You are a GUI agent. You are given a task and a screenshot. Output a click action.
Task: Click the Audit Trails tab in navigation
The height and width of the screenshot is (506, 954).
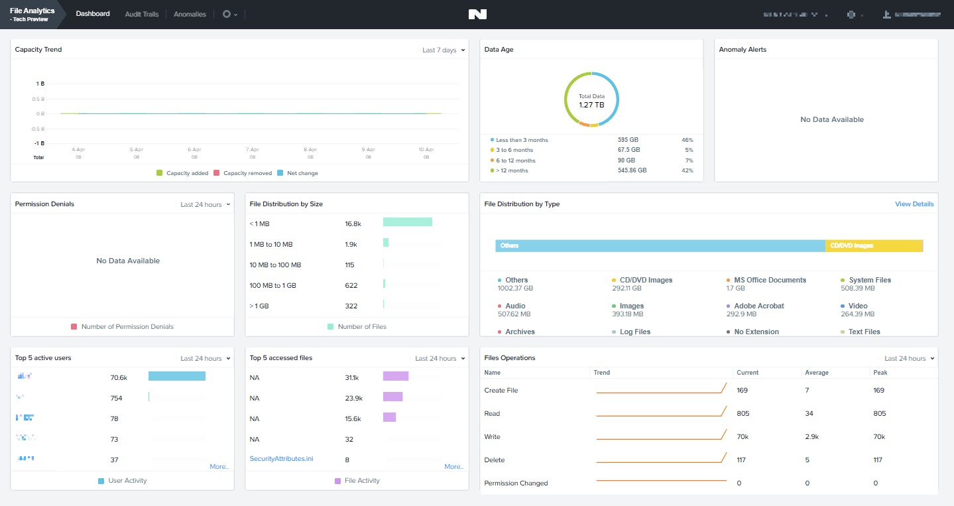coord(142,14)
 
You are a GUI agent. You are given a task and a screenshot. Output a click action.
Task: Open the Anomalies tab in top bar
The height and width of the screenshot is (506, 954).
coord(190,14)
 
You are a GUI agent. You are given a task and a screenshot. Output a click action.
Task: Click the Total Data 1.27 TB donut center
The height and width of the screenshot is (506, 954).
coord(591,100)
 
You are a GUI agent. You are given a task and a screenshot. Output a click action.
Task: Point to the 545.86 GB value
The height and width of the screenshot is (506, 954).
coord(632,170)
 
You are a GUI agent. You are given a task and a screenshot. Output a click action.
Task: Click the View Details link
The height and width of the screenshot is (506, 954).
coord(914,204)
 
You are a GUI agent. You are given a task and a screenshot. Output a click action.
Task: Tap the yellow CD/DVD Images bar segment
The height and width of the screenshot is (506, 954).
coord(874,245)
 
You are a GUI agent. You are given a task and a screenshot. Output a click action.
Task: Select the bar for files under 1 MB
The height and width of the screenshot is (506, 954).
coord(407,222)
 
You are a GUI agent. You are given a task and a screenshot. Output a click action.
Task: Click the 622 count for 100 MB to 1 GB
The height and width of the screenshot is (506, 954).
coord(351,286)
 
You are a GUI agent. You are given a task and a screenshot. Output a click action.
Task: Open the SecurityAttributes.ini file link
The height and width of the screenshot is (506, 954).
coord(281,459)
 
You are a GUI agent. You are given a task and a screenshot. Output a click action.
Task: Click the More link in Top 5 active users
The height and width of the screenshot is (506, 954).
coord(219,467)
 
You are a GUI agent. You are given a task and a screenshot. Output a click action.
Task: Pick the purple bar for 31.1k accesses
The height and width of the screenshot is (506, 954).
coord(396,376)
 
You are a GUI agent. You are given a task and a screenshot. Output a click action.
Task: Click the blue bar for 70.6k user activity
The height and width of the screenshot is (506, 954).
coord(176,376)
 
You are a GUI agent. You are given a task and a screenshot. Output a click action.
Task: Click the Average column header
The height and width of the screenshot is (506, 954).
coord(817,373)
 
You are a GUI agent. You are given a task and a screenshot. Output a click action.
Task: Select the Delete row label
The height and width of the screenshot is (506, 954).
coord(495,460)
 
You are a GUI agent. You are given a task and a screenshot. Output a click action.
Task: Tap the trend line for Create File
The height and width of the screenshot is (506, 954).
coord(661,390)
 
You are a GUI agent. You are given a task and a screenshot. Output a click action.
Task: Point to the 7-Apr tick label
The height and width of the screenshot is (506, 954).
coord(253,150)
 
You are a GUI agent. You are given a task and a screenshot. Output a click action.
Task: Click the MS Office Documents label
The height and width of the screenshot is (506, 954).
coord(770,280)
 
